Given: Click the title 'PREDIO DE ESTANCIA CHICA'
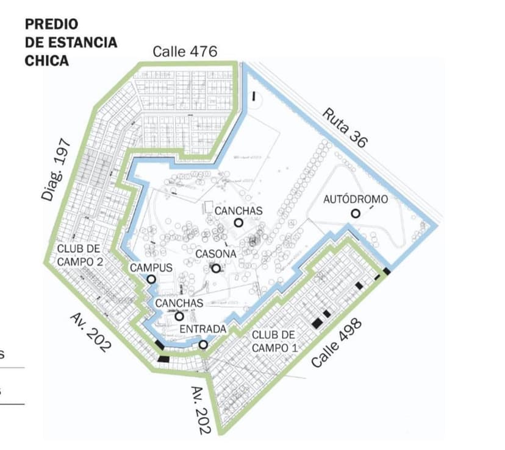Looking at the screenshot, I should click(70, 42).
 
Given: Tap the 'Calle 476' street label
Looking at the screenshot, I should click(184, 51).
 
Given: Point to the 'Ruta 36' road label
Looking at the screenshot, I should click(345, 127).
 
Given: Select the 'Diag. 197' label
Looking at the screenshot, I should click(56, 170).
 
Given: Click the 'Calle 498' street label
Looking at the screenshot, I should click(337, 343).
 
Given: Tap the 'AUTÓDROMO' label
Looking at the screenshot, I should click(355, 199).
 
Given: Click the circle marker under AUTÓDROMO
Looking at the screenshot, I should click(355, 213).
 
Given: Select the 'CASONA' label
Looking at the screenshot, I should click(215, 254).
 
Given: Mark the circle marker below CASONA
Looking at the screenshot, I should click(215, 268).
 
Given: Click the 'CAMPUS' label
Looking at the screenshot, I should click(151, 267).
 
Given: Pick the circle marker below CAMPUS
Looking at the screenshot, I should click(151, 279).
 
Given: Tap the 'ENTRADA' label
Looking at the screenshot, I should click(203, 329).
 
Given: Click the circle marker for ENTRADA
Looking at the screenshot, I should click(203, 345).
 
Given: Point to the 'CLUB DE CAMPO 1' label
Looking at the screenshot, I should click(274, 341).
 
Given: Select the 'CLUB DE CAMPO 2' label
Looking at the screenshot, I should click(80, 255).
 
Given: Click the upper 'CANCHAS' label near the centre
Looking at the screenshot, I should click(238, 211).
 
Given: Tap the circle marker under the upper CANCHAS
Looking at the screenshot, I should click(238, 223).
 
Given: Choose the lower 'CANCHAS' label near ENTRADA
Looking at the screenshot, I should click(179, 303).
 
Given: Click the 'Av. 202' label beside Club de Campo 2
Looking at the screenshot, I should click(91, 332).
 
